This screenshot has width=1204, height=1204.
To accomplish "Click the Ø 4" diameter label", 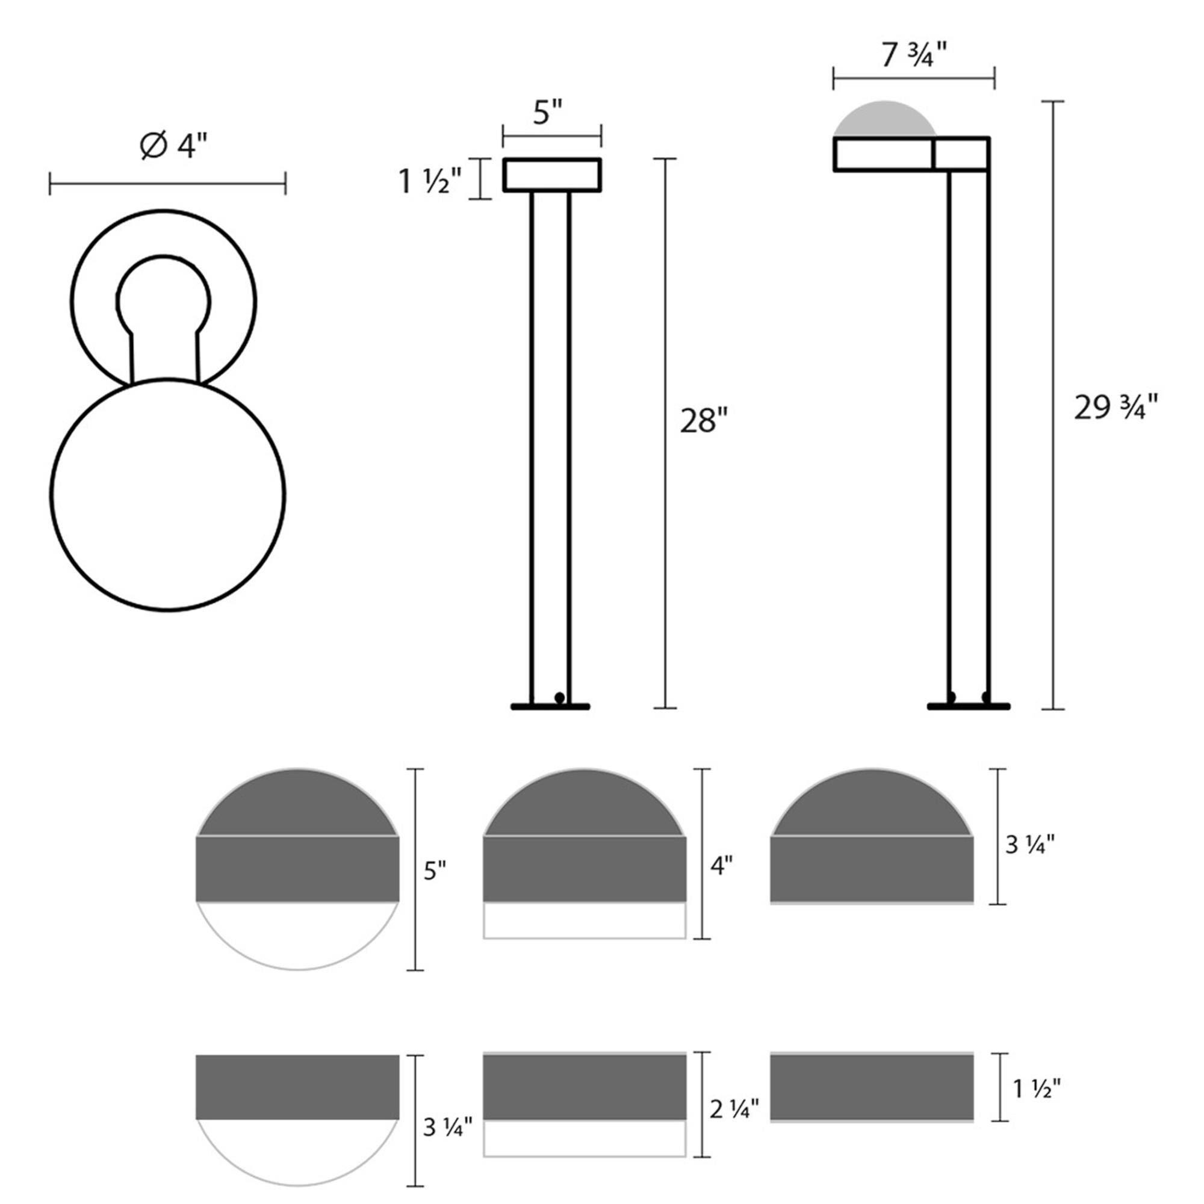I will (173, 146).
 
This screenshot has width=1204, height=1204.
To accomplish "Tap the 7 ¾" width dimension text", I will (914, 56).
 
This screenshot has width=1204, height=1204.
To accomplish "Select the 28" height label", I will (704, 421).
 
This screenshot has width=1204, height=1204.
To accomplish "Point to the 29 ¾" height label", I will (1116, 409).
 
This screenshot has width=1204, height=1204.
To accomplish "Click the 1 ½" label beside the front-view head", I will (430, 182).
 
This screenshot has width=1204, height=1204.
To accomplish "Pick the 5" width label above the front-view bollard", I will (548, 113).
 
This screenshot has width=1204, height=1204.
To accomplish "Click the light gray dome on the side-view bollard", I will (884, 120).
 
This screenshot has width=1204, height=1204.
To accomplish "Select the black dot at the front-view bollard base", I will (559, 697).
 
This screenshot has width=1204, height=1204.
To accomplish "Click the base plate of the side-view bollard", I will (968, 706).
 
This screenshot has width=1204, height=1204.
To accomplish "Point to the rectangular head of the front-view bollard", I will (551, 175).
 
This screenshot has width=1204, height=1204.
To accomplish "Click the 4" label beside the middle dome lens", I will (721, 866).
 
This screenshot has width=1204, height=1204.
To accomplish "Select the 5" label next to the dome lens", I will (435, 870).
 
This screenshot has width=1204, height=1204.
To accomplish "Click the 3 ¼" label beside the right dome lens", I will (1029, 845).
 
